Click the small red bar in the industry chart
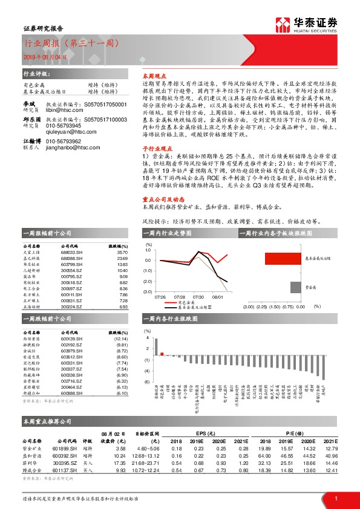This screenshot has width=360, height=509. click(x=162, y=354)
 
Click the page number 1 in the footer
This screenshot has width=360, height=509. click(x=336, y=498)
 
